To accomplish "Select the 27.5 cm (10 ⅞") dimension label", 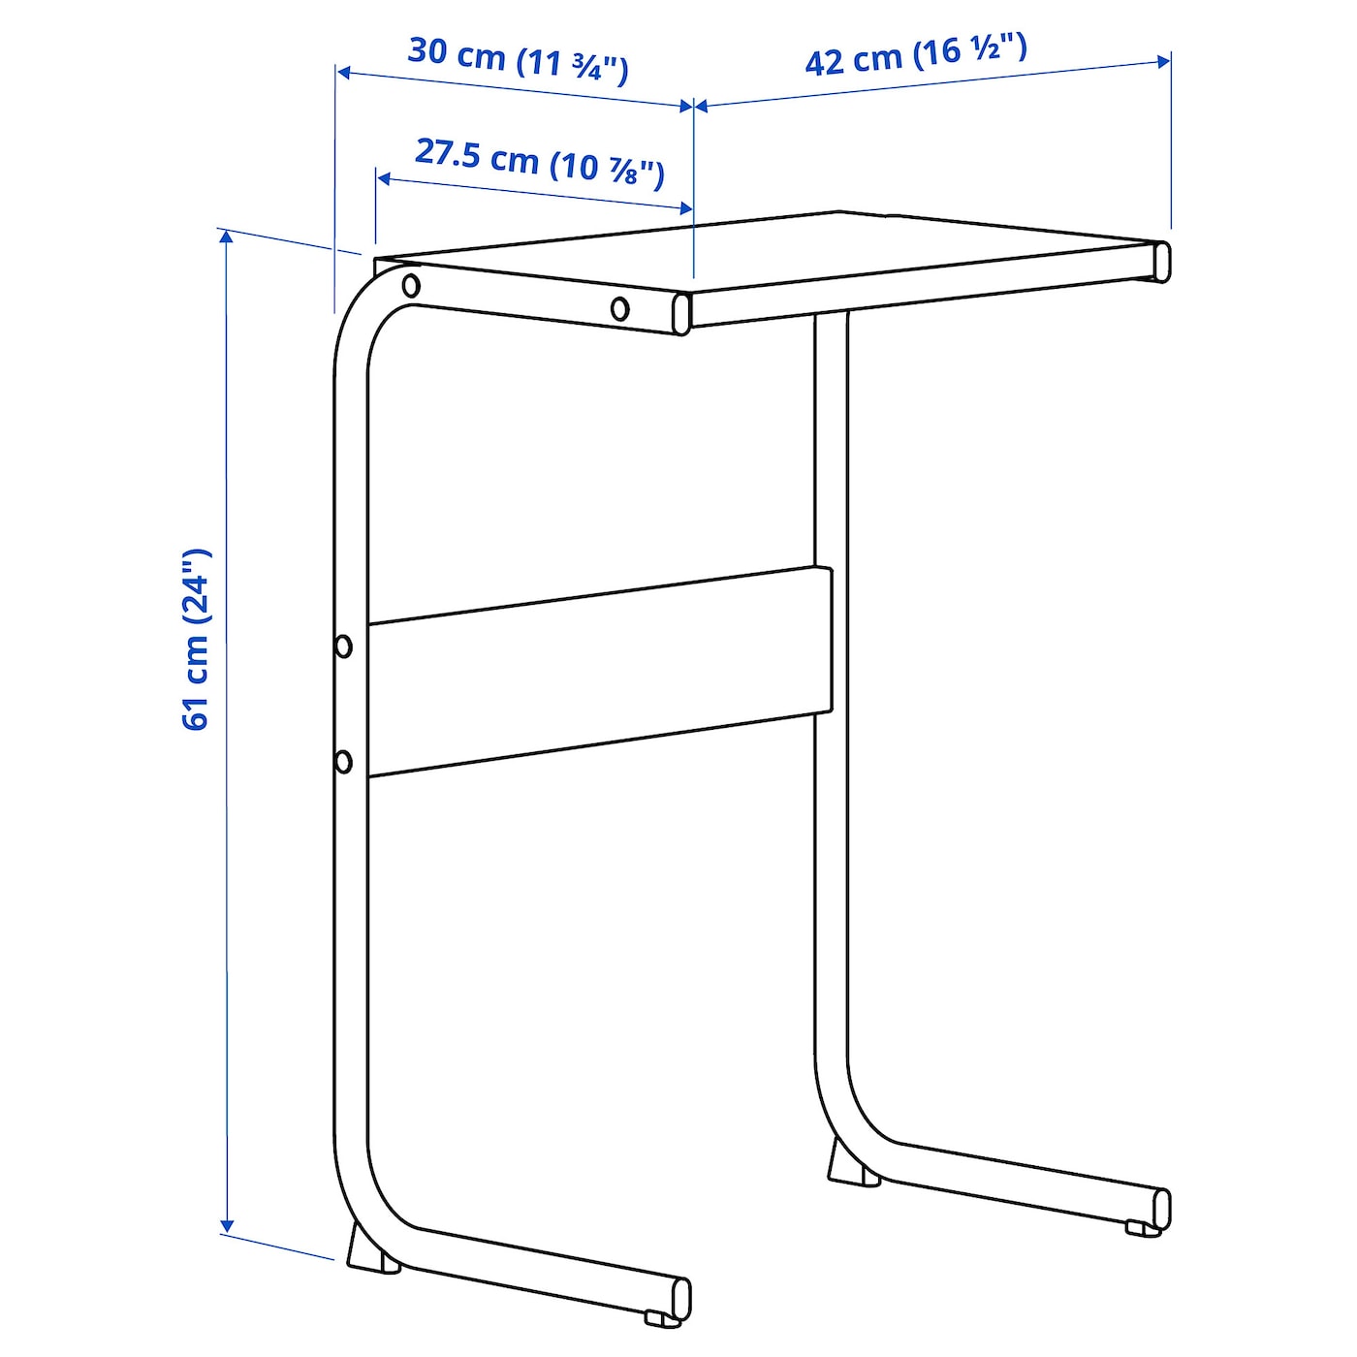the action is [540, 164].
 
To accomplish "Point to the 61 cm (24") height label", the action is [197, 640].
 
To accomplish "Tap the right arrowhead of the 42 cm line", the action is [1163, 62].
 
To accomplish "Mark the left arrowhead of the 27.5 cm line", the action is [384, 178].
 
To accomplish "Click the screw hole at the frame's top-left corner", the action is [411, 286].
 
